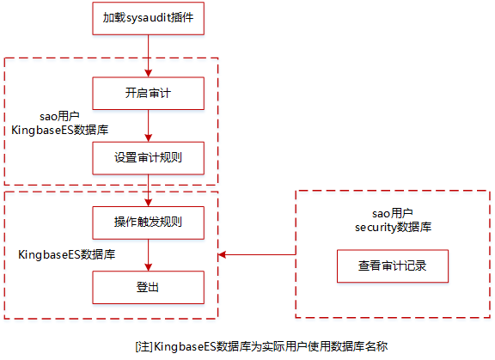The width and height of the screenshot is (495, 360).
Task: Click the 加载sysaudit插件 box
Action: [148, 18]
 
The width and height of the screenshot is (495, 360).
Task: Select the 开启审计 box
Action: [148, 93]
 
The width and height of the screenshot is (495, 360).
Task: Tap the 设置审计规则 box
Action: [148, 158]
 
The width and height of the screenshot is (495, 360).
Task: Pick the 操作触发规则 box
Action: [148, 223]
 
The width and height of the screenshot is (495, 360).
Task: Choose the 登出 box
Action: [148, 287]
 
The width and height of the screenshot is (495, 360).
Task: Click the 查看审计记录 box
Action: [393, 266]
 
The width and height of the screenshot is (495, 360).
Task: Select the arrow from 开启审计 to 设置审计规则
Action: [148, 125]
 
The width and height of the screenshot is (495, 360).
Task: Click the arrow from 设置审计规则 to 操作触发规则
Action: [148, 191]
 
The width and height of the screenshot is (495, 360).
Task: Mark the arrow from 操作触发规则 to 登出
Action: [148, 255]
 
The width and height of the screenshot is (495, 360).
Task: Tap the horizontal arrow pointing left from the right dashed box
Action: [258, 254]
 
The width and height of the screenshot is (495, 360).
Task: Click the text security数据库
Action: [393, 227]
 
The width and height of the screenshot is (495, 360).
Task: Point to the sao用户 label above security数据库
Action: [393, 213]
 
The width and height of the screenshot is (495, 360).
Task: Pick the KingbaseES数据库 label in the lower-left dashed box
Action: [68, 255]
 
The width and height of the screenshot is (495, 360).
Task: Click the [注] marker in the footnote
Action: [144, 346]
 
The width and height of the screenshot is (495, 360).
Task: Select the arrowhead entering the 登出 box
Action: [148, 267]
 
